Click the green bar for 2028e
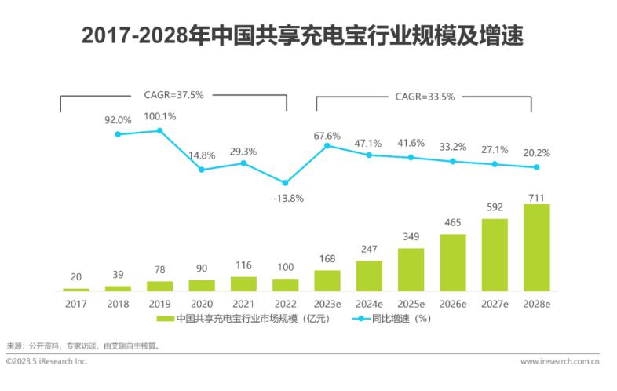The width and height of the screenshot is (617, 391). (x=537, y=247)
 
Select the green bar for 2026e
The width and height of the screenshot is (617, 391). (x=453, y=262)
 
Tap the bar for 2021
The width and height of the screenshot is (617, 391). (x=243, y=283)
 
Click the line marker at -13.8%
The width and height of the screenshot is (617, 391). (x=286, y=182)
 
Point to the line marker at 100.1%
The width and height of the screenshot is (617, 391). (x=160, y=130)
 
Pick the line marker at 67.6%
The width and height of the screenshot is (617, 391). (x=327, y=145)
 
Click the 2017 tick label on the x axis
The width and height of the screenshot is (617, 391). (x=76, y=302)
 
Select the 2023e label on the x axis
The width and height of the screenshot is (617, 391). (x=327, y=302)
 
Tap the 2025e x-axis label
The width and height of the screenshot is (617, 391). (x=411, y=302)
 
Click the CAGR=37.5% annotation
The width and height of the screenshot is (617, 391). (x=173, y=95)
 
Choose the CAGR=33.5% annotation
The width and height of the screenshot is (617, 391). (x=424, y=97)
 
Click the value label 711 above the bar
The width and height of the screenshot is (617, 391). (x=537, y=196)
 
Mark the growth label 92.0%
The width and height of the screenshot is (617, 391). (x=119, y=120)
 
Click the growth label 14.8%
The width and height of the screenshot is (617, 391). (x=202, y=155)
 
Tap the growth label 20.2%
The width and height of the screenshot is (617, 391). (x=537, y=153)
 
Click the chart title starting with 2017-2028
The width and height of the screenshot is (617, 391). (x=308, y=35)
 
